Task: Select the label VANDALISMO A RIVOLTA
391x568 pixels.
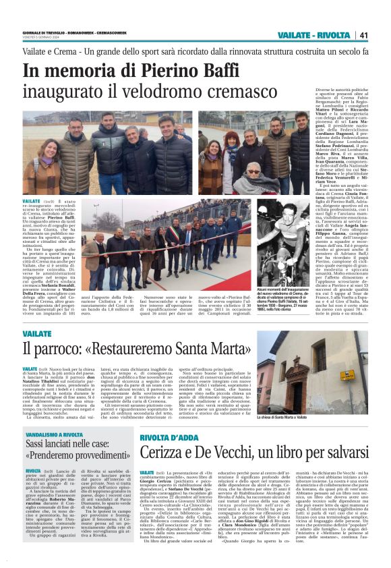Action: click(53, 416)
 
